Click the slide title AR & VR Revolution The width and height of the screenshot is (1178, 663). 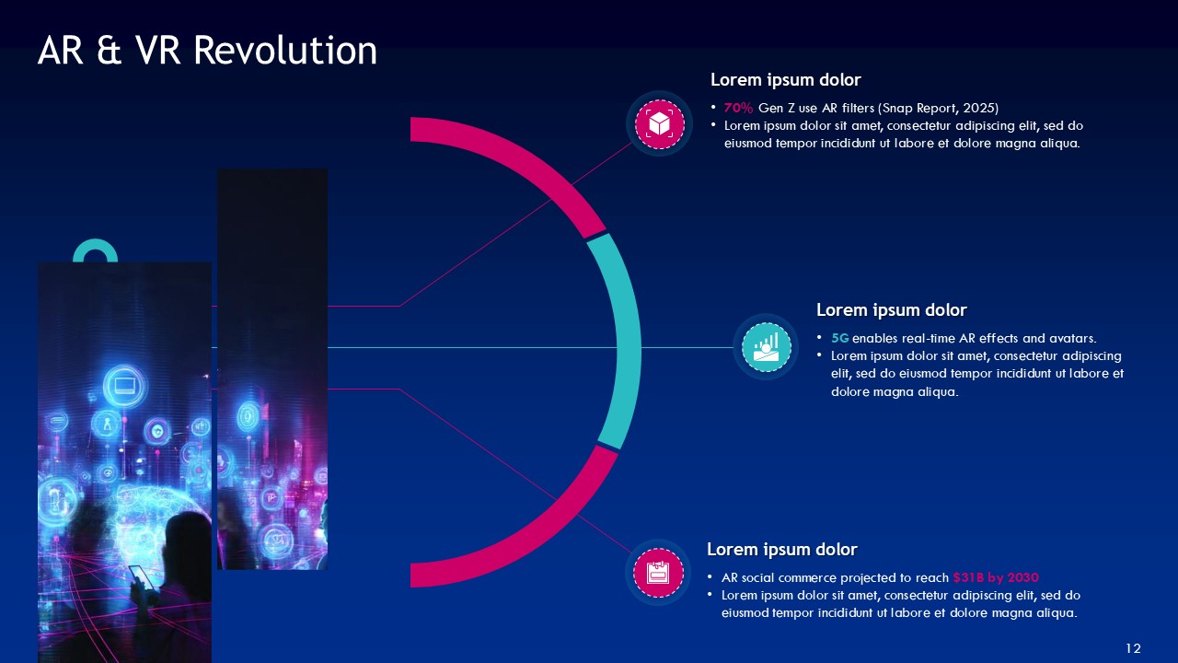click(207, 51)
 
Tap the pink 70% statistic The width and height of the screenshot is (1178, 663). click(738, 108)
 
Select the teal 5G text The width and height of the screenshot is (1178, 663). click(840, 338)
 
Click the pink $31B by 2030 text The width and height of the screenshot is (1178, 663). click(996, 577)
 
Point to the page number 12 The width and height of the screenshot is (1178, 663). click(1133, 648)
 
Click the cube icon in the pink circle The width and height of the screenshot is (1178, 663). click(660, 124)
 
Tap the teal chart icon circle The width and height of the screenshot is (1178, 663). click(767, 347)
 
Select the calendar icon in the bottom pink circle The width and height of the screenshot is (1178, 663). click(658, 573)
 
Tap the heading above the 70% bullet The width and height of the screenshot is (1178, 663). click(786, 80)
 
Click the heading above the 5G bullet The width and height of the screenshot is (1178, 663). click(892, 310)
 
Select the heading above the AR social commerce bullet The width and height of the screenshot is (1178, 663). click(782, 550)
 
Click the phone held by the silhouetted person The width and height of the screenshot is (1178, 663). click(139, 576)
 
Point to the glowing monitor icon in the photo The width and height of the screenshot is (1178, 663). click(125, 386)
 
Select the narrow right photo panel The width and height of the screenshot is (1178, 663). click(272, 369)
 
